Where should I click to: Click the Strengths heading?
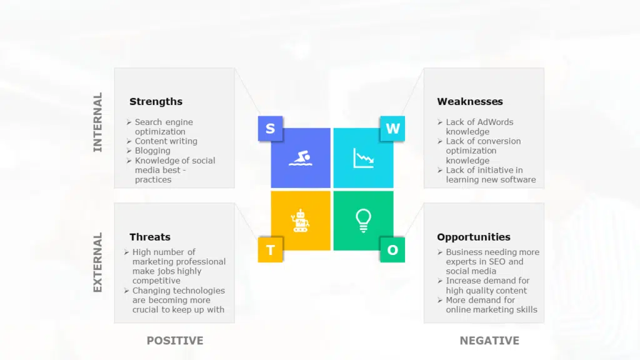[x=156, y=102]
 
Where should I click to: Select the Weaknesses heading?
[x=470, y=102]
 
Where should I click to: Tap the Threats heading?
[x=150, y=237]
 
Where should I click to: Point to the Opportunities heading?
[x=474, y=237]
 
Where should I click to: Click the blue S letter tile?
[x=270, y=129]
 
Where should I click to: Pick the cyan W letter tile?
[x=392, y=129]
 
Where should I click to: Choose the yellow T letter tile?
[x=270, y=250]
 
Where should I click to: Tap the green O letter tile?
[x=392, y=250]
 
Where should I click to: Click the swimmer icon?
[x=301, y=158]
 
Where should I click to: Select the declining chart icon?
[x=363, y=158]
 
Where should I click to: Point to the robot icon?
[x=301, y=221]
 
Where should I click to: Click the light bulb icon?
[x=363, y=221]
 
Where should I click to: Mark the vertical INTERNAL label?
[x=97, y=122]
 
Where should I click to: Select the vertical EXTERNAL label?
[x=97, y=262]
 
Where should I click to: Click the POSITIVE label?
[x=175, y=341]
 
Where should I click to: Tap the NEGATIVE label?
[x=489, y=341]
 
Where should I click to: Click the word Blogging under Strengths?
[x=152, y=151]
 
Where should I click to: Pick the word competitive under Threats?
[x=156, y=281]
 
